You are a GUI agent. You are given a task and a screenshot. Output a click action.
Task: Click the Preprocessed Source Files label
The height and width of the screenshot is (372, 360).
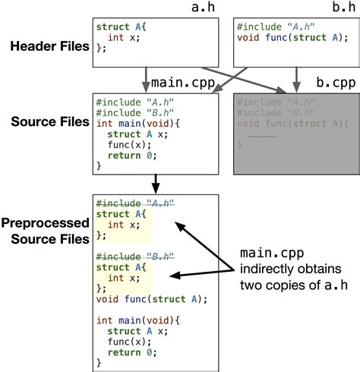(x=46, y=231)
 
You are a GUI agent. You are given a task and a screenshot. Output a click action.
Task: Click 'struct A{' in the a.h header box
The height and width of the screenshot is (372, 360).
(x=118, y=27)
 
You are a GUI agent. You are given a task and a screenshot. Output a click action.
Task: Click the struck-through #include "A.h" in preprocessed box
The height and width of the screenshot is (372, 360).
(x=135, y=203)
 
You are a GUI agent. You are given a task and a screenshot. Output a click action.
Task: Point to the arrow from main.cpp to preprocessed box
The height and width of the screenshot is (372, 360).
(x=156, y=182)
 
